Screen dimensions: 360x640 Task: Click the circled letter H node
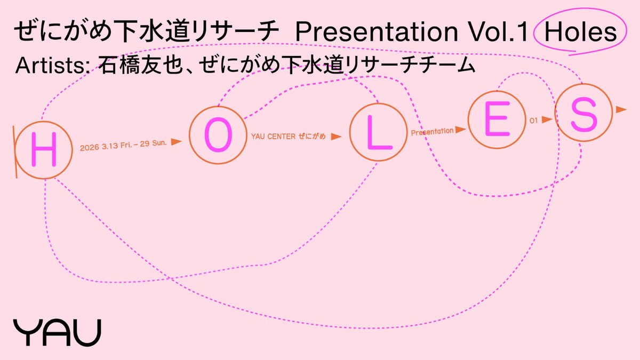pos(43,151)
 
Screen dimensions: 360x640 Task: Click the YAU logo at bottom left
pos(57,332)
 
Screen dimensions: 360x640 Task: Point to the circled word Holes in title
pos(581,33)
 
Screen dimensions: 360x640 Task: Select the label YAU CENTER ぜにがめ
pos(288,137)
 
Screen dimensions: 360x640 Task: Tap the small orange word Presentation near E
pos(432,131)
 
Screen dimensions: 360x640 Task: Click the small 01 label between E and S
pos(533,121)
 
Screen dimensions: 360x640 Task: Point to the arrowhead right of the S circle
pos(621,109)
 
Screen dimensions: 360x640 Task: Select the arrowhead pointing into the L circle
pos(335,137)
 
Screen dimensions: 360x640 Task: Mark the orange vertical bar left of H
pos(16,151)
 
